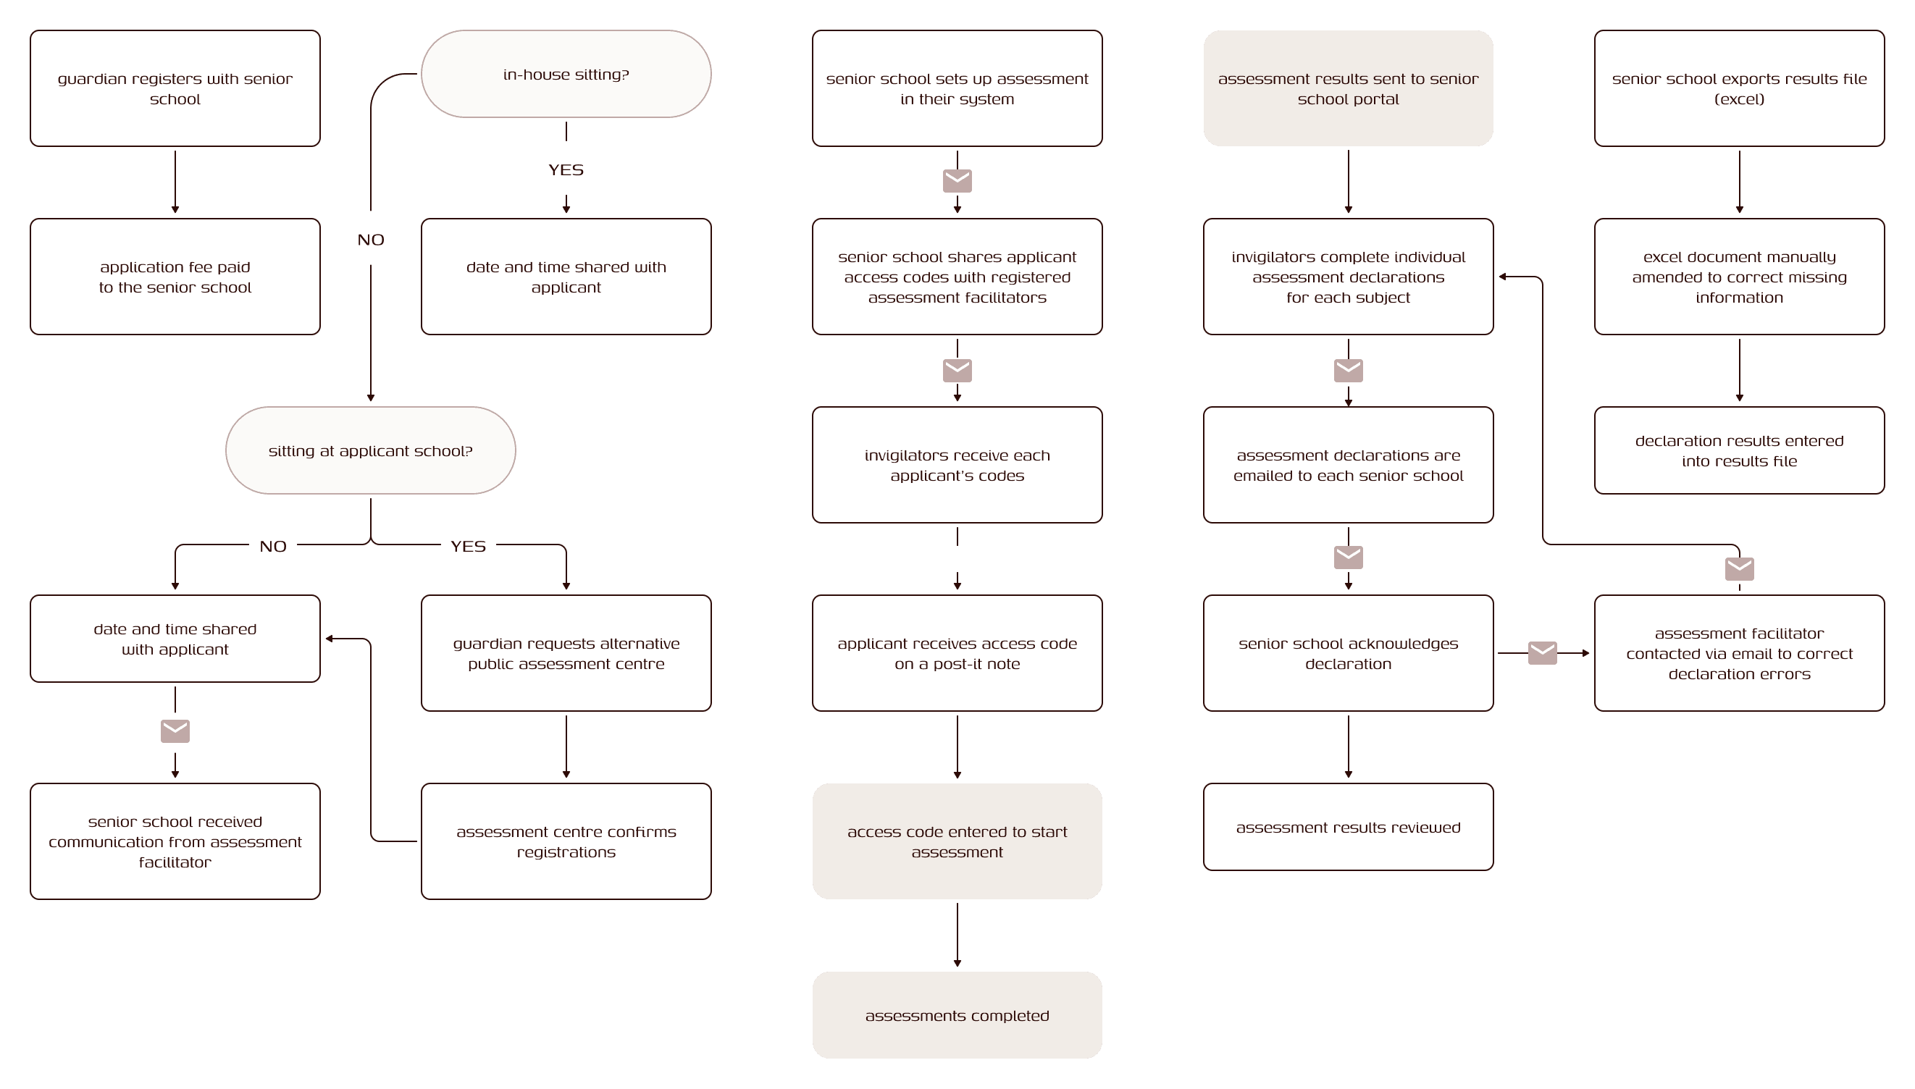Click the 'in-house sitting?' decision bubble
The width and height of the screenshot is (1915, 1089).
click(x=566, y=74)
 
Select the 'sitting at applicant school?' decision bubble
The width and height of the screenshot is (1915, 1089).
click(x=370, y=450)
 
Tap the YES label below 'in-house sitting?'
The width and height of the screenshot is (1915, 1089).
click(x=566, y=169)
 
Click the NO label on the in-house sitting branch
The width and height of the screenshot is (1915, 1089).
click(x=370, y=240)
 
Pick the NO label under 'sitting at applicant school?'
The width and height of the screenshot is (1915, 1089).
click(x=273, y=546)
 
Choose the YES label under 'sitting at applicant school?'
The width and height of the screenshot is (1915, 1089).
click(x=469, y=546)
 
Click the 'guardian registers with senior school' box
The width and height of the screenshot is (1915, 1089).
click(x=175, y=88)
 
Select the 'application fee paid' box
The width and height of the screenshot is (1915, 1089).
click(x=175, y=277)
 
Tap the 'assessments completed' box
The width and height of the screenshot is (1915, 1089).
click(x=957, y=1015)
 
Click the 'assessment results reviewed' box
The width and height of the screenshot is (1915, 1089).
click(x=1348, y=826)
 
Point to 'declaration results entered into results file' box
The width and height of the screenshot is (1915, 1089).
click(x=1739, y=450)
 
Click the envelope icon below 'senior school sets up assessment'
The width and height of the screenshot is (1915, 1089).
click(x=957, y=181)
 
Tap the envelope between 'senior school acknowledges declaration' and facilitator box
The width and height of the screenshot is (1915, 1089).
click(x=1542, y=653)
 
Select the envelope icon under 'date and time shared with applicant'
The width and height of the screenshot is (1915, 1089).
click(x=175, y=731)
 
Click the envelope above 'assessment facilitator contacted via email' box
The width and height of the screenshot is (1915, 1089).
click(x=1739, y=568)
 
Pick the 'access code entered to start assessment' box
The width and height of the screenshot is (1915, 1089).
click(x=957, y=841)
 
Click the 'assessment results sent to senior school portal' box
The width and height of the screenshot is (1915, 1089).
click(x=1348, y=88)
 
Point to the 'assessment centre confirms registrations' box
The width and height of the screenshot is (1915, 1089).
click(x=566, y=841)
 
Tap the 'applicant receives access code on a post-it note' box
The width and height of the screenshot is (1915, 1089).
click(x=957, y=653)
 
